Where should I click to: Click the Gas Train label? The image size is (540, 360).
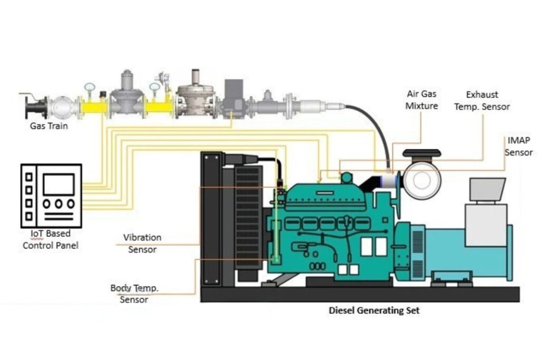49,127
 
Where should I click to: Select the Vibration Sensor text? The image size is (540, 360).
142,244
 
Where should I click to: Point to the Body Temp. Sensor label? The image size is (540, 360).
134,294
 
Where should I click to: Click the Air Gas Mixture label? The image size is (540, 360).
422,100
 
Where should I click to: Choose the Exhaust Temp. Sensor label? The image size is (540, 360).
488,101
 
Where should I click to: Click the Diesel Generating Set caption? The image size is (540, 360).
374,310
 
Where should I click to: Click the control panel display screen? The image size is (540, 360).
58,183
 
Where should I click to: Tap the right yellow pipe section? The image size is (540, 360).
159,107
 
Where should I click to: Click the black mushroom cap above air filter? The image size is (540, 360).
421,153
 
